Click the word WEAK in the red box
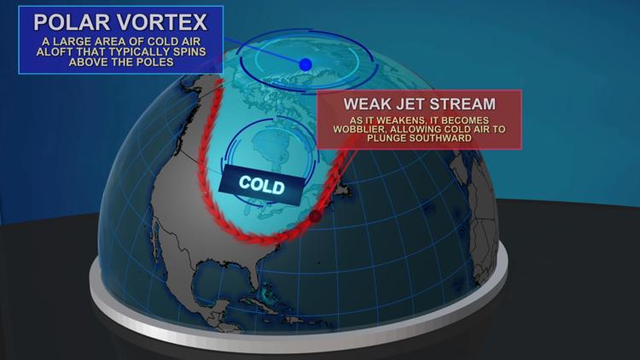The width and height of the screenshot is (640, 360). (x=369, y=105)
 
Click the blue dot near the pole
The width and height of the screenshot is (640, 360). (x=305, y=64)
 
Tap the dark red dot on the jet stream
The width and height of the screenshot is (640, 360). (x=316, y=217)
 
